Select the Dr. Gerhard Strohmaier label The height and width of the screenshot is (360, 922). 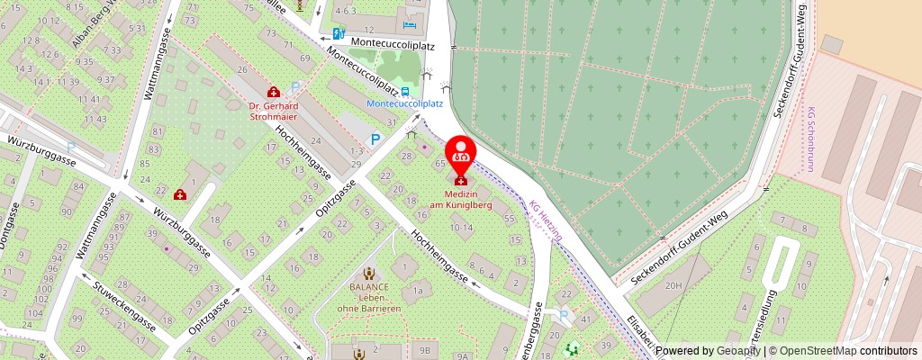point(273,111)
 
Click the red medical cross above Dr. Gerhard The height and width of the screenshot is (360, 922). point(273,92)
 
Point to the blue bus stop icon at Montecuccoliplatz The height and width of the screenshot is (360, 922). point(404,91)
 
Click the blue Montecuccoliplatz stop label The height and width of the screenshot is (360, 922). point(404,103)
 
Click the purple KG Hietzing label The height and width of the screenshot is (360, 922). point(546,220)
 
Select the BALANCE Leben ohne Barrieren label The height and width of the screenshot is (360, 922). point(369,298)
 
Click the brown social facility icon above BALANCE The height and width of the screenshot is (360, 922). point(368,274)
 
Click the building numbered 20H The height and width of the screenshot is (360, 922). point(674,286)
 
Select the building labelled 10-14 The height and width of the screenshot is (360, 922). point(461,229)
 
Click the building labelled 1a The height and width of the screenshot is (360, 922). point(417,292)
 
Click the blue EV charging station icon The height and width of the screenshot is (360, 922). point(339,34)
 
